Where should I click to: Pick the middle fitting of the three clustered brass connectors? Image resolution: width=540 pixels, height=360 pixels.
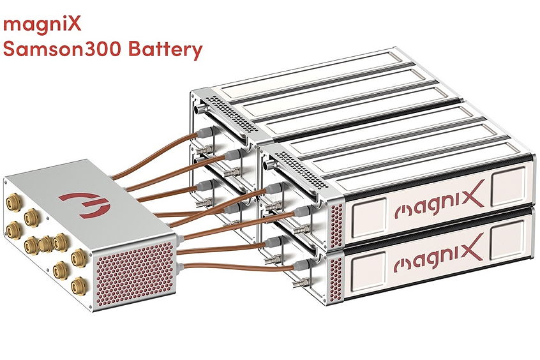[45, 244]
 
